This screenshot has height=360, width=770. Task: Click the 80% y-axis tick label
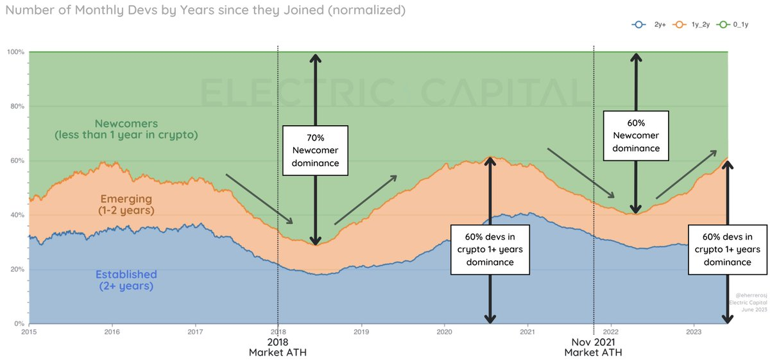coord(18,106)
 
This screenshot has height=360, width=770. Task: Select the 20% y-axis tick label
coord(18,270)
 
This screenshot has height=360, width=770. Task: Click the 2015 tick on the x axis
coord(29,332)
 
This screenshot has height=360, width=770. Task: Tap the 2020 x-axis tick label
coord(445,332)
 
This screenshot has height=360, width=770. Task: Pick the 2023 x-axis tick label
coord(694,332)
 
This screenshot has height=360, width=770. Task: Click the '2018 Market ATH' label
coord(278,347)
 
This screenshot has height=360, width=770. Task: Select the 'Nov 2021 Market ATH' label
coord(594,347)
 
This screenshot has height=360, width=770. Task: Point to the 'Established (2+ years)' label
coord(126,280)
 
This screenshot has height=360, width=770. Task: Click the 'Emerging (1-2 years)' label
coord(126,203)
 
